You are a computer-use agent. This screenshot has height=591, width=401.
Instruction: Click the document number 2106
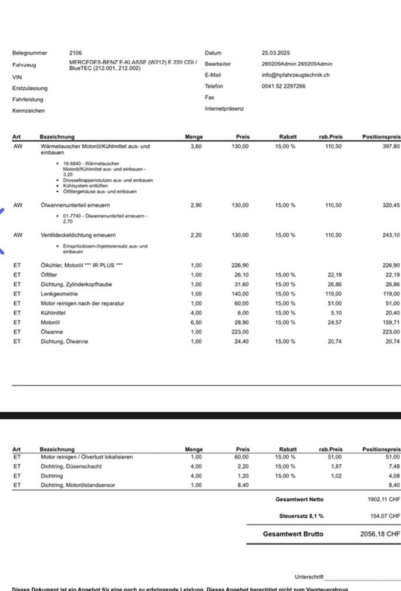pos(76,53)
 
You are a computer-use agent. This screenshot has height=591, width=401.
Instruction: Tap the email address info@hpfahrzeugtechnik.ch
pos(295,75)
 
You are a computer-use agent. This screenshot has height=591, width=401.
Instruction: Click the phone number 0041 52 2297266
pos(284,86)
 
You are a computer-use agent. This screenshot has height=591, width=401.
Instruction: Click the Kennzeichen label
pos(28,110)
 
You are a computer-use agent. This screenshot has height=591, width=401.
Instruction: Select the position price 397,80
pos(390,146)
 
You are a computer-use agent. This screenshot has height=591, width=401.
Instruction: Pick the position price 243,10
pos(390,235)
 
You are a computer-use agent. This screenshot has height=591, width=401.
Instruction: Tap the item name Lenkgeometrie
pos(59,294)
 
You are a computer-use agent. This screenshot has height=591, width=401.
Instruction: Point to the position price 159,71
pos(390,322)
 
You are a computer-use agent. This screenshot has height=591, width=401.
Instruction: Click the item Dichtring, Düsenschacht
pos(71,467)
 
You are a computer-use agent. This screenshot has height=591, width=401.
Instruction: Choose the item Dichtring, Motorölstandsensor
pos(78,485)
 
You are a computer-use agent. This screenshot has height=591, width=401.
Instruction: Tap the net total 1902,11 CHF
pos(383,500)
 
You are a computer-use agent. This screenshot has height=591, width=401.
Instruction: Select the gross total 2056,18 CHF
pos(379,534)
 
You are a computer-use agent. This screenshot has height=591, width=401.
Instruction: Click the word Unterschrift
pos(309,577)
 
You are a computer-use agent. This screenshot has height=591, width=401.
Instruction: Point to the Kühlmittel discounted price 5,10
pos(333,313)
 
